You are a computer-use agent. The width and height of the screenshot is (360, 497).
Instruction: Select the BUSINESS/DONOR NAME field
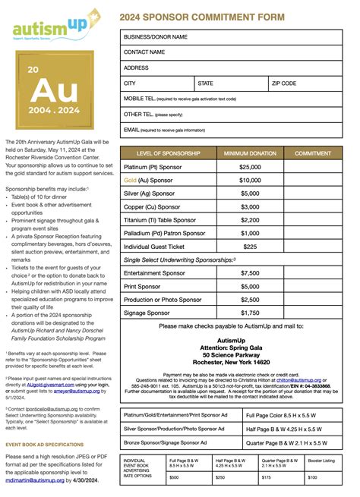[156, 36]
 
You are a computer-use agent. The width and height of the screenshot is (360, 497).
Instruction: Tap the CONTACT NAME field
[144, 52]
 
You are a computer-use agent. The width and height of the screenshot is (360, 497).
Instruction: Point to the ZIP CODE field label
[284, 83]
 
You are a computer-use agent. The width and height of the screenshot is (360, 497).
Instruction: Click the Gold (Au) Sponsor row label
[149, 181]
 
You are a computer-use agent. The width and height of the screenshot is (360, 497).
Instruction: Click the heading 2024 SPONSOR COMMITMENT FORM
[201, 16]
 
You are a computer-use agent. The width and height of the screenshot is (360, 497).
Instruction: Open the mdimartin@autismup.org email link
[37, 479]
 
